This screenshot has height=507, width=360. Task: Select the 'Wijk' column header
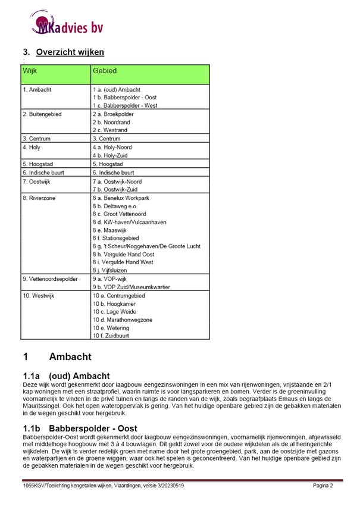tap(30, 71)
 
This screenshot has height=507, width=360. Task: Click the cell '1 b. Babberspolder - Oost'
tap(124, 97)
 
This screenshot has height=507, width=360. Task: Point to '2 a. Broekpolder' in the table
tap(117, 113)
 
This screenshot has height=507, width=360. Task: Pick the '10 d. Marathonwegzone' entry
tap(123, 320)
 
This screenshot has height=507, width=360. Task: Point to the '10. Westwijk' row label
tap(39, 295)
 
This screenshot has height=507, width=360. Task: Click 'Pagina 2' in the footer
tap(323, 486)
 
